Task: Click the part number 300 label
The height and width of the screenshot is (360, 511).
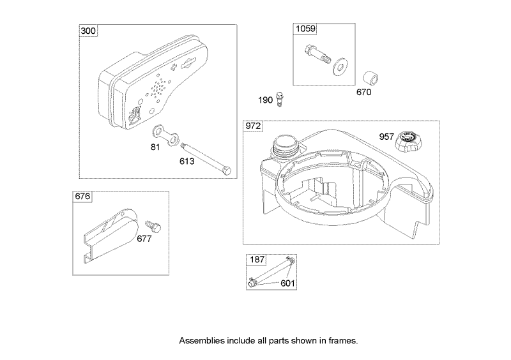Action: [x=88, y=31]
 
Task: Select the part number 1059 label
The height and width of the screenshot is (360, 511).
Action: [x=305, y=29]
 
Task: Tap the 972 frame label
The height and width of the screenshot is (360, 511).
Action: [x=253, y=126]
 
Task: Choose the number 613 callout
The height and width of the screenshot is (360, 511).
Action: [x=186, y=161]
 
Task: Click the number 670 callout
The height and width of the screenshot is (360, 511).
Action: [x=364, y=93]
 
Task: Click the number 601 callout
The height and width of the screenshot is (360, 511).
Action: [x=287, y=283]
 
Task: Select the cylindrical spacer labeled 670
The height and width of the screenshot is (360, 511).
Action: [x=369, y=78]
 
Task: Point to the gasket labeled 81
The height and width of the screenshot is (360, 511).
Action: [x=164, y=136]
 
